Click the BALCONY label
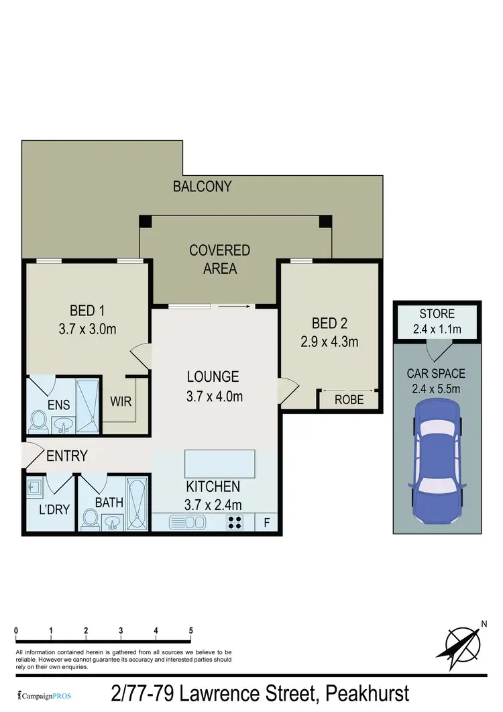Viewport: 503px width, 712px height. pos(202,187)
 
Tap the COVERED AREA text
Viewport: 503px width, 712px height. pos(219,259)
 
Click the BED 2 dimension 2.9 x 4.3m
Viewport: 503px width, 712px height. pos(329,342)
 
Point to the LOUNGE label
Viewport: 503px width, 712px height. pos(213,377)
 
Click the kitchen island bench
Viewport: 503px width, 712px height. pos(220,463)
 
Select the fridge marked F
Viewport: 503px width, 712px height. pos(267,522)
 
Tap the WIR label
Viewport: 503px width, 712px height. pos(121,402)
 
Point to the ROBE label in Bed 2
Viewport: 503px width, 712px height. pos(349,400)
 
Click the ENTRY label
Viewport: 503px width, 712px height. pos(67,456)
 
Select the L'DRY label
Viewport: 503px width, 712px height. pos(54,509)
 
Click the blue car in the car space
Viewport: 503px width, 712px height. pos(437,462)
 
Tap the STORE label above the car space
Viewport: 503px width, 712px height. pos(437,314)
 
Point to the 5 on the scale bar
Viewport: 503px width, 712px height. pos(191,631)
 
